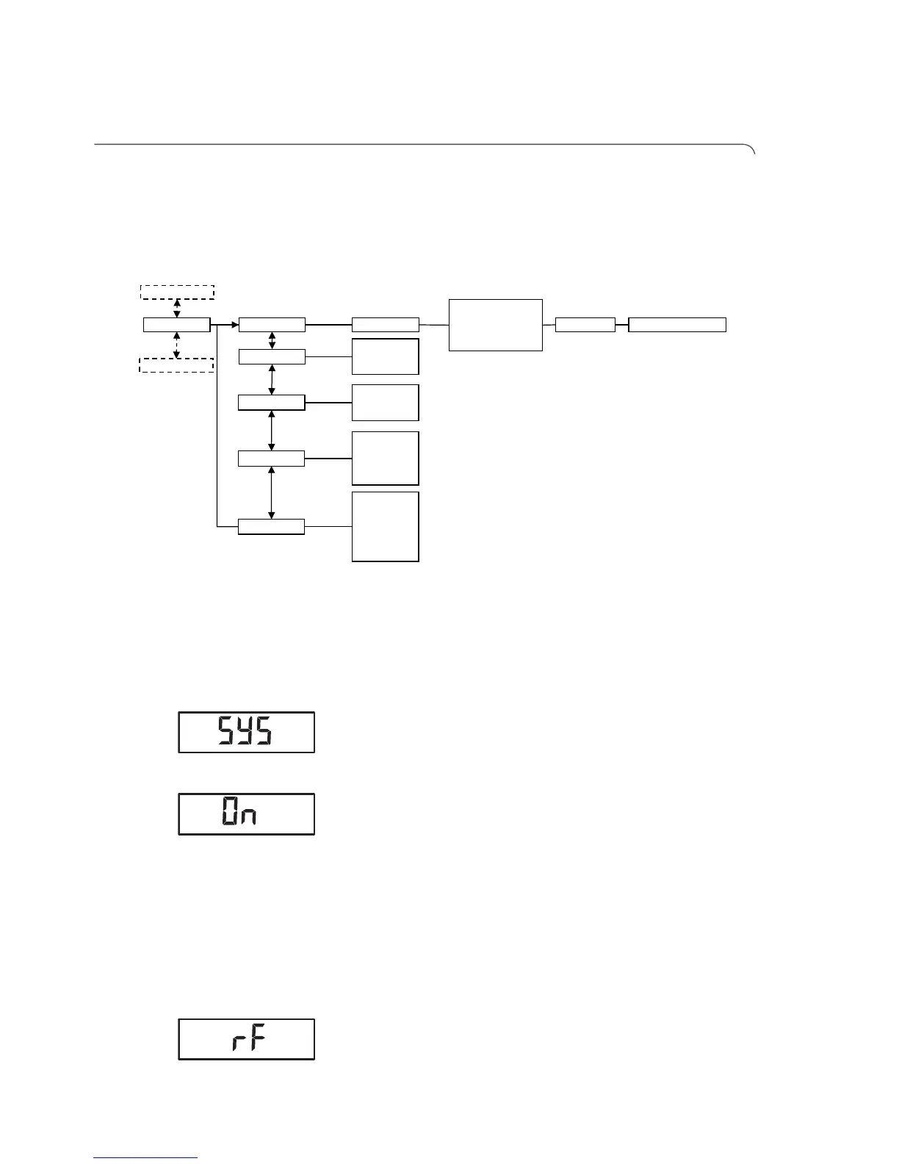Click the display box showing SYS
[x=246, y=732]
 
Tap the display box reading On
[x=246, y=814]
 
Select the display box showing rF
[x=246, y=1039]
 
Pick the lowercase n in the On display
[x=248, y=816]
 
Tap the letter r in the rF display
[x=238, y=1043]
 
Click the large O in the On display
[x=230, y=813]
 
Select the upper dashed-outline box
[x=177, y=292]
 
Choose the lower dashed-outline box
[x=176, y=364]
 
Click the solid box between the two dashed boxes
[x=177, y=325]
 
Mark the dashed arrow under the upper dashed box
[x=176, y=308]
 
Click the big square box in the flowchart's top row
[x=495, y=325]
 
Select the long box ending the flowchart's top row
[x=677, y=325]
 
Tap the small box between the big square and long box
[x=585, y=325]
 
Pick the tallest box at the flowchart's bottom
[x=385, y=526]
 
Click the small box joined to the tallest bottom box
[x=271, y=526]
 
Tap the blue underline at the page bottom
[x=145, y=1158]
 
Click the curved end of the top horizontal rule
[x=751, y=149]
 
